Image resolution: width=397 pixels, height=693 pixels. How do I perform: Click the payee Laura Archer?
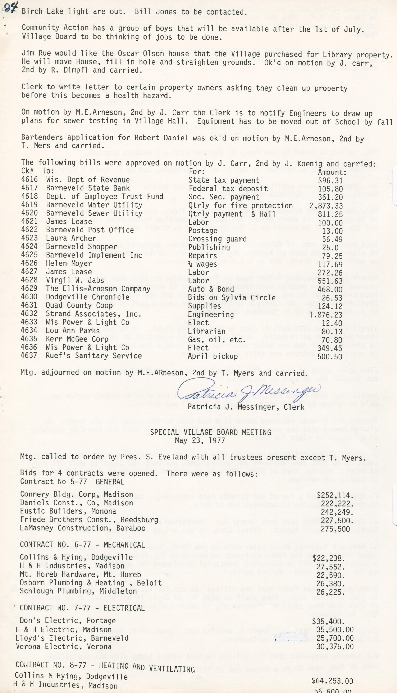point(71,238)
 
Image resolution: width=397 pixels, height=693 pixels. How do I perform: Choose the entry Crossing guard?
point(217,239)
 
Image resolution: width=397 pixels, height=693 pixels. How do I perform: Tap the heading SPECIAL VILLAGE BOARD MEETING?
point(210,432)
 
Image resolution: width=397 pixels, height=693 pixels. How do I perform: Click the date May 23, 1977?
point(200,440)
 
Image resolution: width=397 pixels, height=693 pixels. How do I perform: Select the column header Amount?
point(332,172)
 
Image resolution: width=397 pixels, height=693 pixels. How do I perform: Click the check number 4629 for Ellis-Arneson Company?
point(29,288)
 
